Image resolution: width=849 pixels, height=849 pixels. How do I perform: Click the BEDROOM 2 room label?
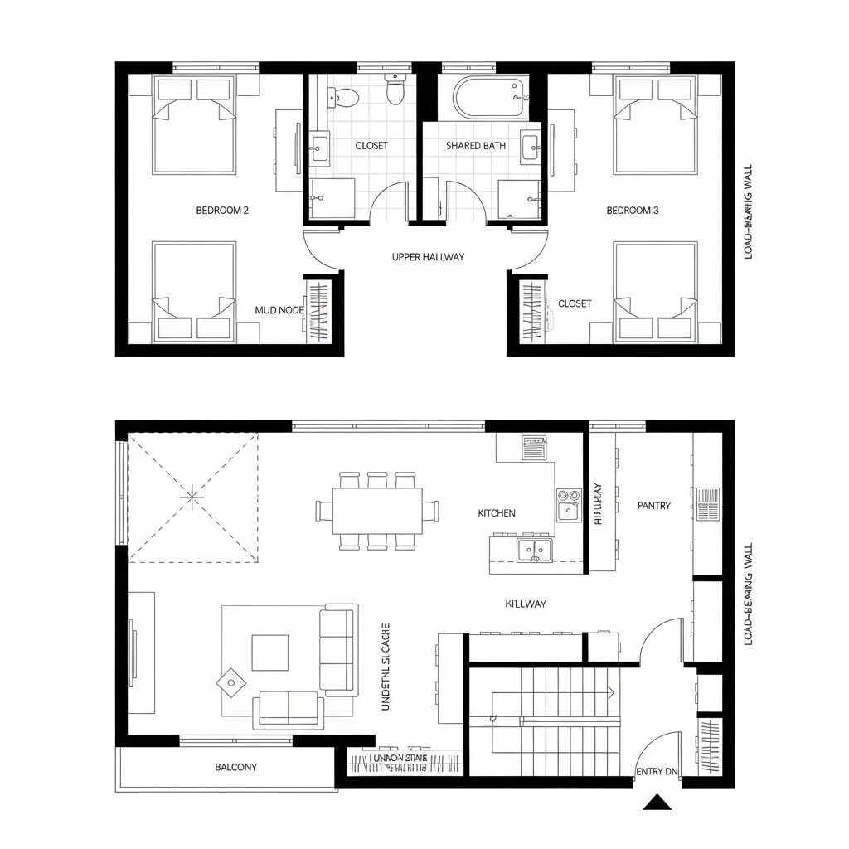[x=222, y=211]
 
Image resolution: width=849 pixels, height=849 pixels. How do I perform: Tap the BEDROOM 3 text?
[x=632, y=211]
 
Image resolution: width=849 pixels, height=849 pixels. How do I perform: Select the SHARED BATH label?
[x=475, y=146]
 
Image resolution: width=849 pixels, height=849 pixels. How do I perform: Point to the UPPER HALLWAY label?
[x=428, y=257]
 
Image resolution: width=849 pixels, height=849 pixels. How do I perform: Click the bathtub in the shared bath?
[x=489, y=97]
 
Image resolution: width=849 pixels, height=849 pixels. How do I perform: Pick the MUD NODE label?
[x=279, y=310]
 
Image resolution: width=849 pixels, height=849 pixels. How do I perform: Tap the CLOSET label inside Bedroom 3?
[x=575, y=303]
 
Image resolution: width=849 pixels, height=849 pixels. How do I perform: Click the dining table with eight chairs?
[x=377, y=511]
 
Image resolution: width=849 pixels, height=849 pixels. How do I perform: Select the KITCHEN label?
[x=497, y=513]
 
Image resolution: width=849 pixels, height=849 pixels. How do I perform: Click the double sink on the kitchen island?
[x=535, y=549]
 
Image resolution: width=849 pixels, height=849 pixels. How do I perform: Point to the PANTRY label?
[x=653, y=505]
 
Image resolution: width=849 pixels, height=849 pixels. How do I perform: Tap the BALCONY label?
[x=236, y=768]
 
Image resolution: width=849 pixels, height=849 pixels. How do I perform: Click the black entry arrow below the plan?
[x=657, y=802]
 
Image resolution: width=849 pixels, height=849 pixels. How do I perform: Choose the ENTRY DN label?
[x=657, y=772]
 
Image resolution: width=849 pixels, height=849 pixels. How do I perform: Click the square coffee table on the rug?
[x=269, y=653]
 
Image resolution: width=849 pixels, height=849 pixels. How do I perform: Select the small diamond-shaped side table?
[x=230, y=682]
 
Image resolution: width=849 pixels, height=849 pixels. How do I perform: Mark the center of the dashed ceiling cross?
[x=192, y=497]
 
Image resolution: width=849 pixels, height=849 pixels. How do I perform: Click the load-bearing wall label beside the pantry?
[x=748, y=595]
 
